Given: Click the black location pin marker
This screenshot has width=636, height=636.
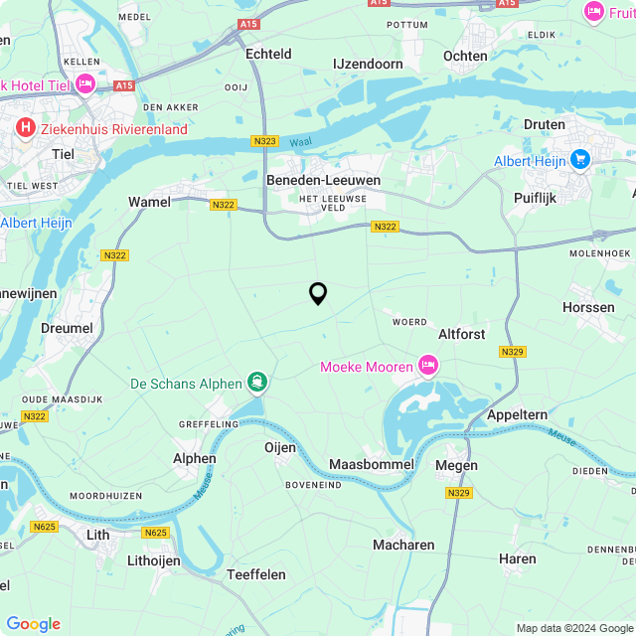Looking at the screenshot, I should [x=318, y=293].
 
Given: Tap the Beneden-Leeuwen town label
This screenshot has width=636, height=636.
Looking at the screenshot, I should [x=311, y=180].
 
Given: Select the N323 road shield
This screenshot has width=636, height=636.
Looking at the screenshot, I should [x=265, y=142].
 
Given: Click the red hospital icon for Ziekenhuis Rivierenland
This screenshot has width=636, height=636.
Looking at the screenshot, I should [x=26, y=127].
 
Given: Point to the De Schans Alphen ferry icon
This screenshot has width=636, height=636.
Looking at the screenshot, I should [x=257, y=382].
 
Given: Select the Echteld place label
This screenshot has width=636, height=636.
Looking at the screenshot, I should [x=268, y=55].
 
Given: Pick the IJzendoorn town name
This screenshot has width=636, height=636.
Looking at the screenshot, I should [x=368, y=64].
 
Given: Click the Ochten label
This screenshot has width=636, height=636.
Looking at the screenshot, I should [x=465, y=56].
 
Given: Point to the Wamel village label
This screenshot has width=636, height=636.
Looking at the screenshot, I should [x=149, y=202].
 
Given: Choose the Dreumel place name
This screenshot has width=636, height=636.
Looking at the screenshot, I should [x=68, y=328].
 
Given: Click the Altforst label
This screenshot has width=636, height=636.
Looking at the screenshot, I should [x=462, y=334].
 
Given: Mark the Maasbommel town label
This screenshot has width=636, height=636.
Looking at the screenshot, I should [x=371, y=465].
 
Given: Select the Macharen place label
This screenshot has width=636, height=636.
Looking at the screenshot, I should [x=403, y=545].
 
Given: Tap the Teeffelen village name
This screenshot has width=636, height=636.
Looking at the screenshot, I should [x=256, y=574].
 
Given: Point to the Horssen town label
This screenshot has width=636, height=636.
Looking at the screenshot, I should [x=588, y=308].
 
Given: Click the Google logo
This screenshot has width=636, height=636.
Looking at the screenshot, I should [x=34, y=623].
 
